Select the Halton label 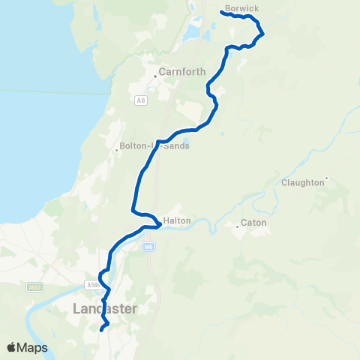click(x=177, y=220)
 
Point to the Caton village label click(x=253, y=223)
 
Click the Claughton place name click(x=303, y=182)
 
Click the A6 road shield click(x=141, y=100)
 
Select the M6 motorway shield click(x=150, y=246)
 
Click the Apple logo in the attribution click(x=12, y=347)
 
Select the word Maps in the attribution click(x=33, y=347)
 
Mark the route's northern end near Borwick click(x=223, y=11)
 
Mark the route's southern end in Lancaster click(x=101, y=329)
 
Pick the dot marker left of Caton click(x=237, y=223)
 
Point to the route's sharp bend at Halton click(x=156, y=223)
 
